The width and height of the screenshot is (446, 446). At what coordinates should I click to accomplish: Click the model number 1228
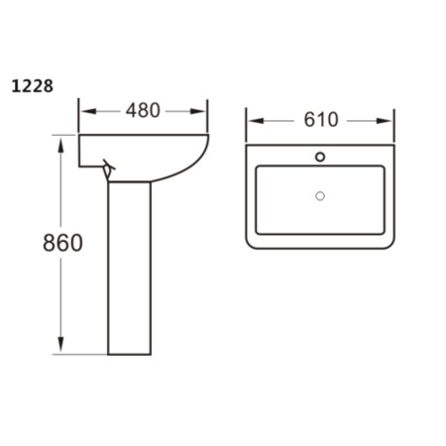pos(32,86)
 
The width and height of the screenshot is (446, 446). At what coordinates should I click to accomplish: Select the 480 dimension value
pos(143,110)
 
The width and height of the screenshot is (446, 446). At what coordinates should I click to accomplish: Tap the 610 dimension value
pos(320,120)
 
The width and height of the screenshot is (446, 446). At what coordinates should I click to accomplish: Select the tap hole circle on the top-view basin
pos(319,156)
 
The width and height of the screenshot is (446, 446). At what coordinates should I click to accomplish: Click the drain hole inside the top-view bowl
pos(319,195)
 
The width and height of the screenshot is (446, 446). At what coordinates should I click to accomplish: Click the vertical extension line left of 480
pos(79,115)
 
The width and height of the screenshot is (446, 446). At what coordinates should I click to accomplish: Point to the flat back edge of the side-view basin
pos(80,151)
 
